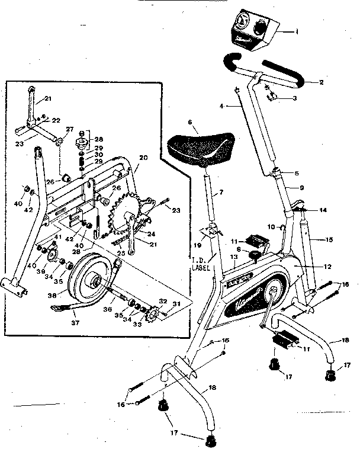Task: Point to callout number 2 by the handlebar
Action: (320, 82)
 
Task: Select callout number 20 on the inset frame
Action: (142, 159)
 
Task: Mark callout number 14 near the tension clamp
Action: (323, 210)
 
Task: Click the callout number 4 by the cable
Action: (220, 107)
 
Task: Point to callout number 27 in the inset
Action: (69, 129)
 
